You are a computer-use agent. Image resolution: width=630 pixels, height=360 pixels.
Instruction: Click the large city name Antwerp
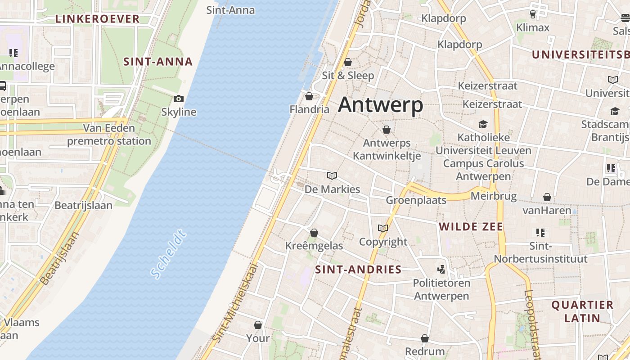coord(381,105)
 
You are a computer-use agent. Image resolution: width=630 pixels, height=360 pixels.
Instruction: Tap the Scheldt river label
coord(168,254)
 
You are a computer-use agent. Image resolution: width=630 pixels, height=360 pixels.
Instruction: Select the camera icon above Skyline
coord(179,99)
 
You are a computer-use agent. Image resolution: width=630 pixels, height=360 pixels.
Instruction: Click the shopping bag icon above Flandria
coord(309,96)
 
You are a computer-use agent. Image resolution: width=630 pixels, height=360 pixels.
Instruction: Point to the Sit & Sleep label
coord(348,75)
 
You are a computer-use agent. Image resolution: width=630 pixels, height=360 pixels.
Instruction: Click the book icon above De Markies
coord(332,176)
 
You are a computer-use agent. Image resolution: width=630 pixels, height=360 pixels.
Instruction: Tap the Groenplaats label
coord(416,200)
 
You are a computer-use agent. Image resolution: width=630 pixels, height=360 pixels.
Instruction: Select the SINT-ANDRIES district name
coord(358,270)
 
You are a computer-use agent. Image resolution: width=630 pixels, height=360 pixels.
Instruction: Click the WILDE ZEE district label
coord(471,226)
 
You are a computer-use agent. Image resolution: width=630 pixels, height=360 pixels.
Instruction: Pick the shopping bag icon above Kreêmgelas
coord(314,233)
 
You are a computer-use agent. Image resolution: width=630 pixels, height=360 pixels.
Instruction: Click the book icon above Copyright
coord(383,229)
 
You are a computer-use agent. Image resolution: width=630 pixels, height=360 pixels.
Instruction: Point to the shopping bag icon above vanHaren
coord(547,197)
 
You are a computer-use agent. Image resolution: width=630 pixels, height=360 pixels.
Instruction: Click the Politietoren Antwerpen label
coord(441,289)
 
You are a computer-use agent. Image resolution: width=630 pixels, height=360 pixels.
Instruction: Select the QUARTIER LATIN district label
coord(582,311)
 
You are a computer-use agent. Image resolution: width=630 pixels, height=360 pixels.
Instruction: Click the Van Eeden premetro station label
coord(109,135)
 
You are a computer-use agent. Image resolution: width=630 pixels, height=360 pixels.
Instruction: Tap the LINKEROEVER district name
coord(97,19)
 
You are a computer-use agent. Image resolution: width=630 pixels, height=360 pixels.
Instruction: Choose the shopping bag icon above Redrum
coord(425,338)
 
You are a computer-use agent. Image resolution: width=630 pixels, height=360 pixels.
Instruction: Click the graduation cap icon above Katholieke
coord(483,124)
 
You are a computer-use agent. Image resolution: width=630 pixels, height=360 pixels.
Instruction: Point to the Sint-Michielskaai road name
coord(235,303)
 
